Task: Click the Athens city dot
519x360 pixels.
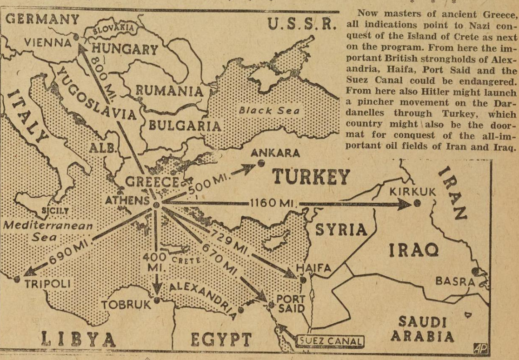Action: click(157, 204)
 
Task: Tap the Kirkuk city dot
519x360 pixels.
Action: click(417, 203)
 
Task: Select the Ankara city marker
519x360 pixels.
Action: click(261, 163)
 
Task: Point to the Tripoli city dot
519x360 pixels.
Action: click(17, 279)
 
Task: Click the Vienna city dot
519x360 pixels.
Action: click(76, 36)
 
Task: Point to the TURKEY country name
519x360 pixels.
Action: click(311, 177)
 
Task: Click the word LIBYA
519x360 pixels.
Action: click(78, 338)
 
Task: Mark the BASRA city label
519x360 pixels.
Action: click(455, 281)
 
